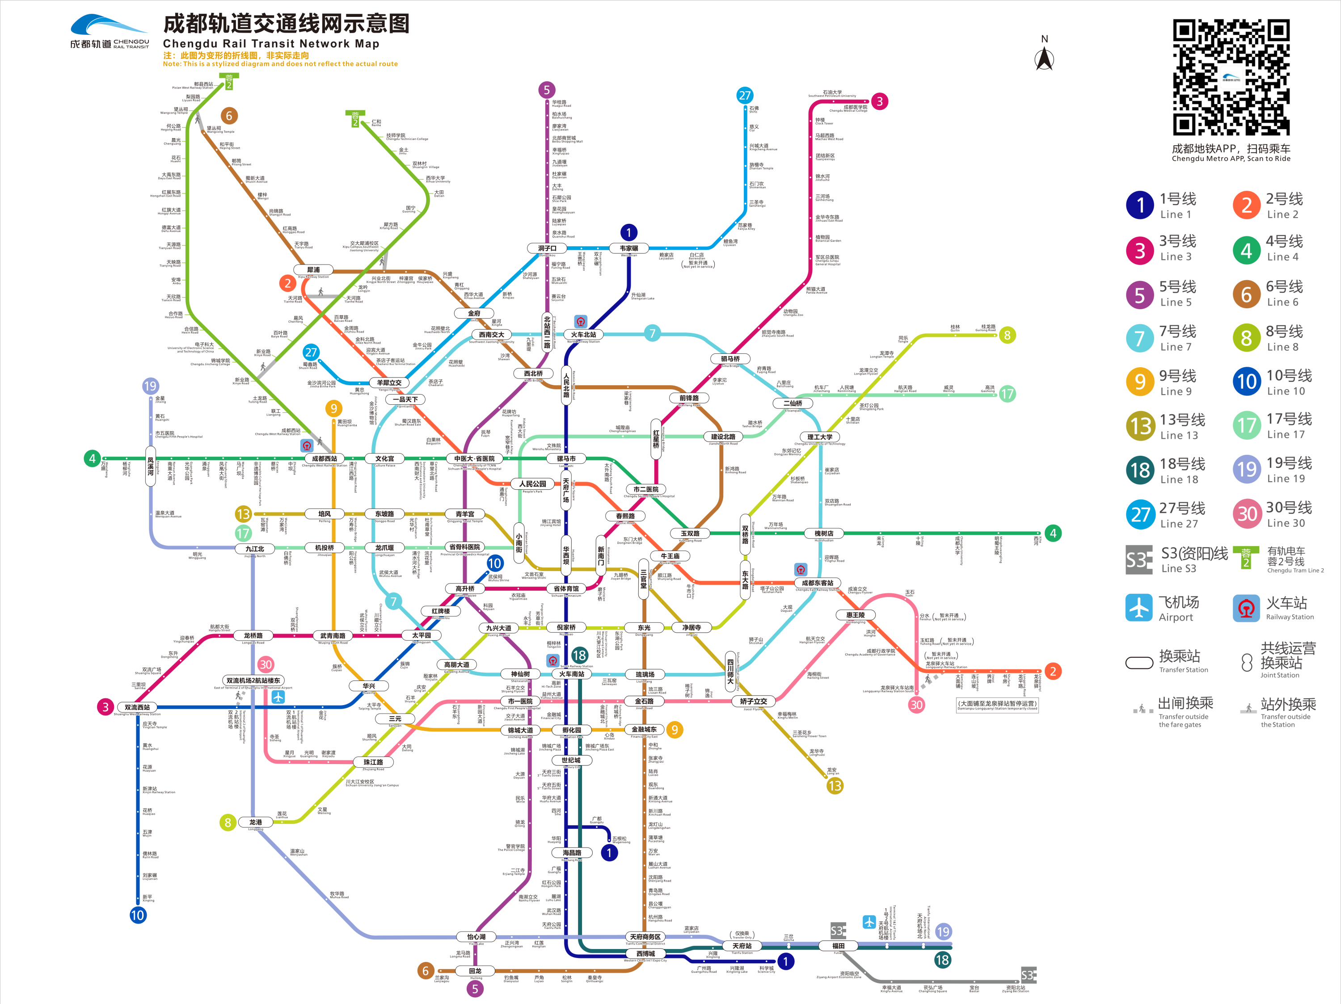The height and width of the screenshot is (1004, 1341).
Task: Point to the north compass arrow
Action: [1044, 59]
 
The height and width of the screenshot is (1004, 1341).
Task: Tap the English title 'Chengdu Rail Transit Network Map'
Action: [271, 44]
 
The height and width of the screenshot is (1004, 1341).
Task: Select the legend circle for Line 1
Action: [1140, 206]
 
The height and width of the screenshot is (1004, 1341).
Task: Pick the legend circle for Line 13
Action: [1140, 426]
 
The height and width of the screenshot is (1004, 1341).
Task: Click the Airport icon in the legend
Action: [1139, 608]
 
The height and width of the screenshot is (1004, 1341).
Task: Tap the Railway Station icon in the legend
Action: [1246, 608]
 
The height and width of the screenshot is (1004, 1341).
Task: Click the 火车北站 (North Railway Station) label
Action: [583, 335]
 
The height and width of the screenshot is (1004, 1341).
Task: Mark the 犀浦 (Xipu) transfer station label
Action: [313, 269]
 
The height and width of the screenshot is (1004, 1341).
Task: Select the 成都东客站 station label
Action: [817, 583]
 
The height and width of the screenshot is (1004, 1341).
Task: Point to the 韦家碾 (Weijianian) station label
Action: [628, 248]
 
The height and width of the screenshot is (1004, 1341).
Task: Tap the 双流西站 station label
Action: [137, 707]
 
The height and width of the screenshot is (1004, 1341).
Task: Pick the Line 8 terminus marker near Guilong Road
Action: [1007, 335]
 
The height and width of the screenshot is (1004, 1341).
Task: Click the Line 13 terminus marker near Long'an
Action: [835, 786]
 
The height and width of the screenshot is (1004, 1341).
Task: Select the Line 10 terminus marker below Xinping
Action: [138, 915]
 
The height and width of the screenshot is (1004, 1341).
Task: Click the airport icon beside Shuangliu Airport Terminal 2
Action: [278, 696]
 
